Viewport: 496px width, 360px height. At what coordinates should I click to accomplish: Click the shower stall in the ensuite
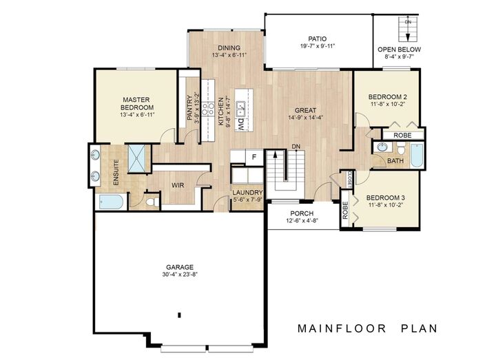[137, 158]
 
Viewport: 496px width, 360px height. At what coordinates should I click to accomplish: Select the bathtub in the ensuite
[111, 202]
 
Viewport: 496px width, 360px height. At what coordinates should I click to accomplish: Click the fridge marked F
[254, 157]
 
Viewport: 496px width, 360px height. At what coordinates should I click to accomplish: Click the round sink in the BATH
[382, 148]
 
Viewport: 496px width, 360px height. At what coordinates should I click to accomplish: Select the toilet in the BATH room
[398, 147]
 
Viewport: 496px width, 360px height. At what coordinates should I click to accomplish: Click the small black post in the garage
[179, 315]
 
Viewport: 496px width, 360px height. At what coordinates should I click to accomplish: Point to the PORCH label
[302, 213]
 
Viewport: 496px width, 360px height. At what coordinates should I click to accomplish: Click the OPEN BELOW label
[400, 50]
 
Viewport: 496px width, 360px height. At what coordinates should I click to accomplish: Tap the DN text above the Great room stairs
[295, 147]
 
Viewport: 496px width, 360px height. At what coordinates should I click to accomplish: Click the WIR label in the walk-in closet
[176, 185]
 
